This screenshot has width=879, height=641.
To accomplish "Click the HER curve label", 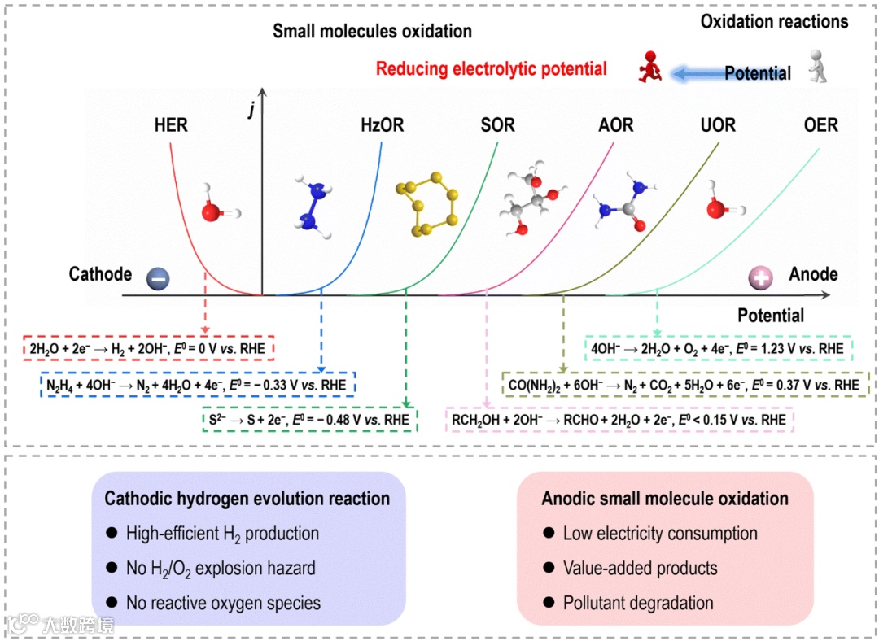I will (x=171, y=125).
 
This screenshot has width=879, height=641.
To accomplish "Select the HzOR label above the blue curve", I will (x=382, y=125).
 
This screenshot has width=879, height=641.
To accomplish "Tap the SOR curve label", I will (x=497, y=125).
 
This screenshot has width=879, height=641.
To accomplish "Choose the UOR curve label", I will (x=718, y=125).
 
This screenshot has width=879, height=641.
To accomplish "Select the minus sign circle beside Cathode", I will (x=157, y=278).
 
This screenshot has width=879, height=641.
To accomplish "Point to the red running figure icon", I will (x=649, y=68).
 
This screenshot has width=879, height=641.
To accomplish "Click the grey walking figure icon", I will (x=820, y=66).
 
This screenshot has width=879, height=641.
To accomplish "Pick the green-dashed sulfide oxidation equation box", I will (x=308, y=420).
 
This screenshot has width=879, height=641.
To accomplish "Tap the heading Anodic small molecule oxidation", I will (x=665, y=498).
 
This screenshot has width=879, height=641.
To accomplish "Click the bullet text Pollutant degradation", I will (x=638, y=603).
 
